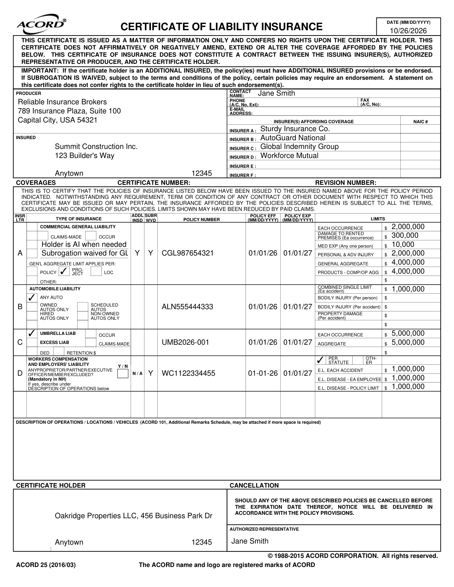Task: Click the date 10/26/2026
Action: [408, 31]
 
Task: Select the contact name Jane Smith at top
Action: [276, 93]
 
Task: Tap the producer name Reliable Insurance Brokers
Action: [62, 102]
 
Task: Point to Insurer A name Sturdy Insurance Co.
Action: [295, 129]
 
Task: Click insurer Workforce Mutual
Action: [289, 156]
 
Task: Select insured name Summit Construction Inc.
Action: [96, 147]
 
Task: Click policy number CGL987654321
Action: [188, 253]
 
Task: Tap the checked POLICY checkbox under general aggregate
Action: [64, 272]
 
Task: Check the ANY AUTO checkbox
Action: [32, 297]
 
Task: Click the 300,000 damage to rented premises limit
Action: [405, 236]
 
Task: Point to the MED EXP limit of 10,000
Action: [403, 245]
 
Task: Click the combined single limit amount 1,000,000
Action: [408, 289]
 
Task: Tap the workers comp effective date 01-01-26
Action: [263, 373]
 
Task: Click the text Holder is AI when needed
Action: [84, 245]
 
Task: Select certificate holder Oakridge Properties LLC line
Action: [134, 516]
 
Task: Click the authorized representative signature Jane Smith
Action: [250, 541]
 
